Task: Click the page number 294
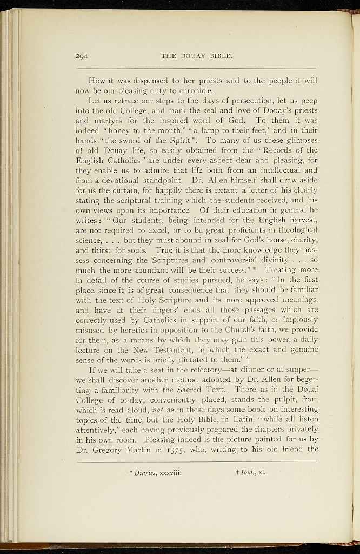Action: (82, 56)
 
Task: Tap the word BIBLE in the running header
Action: (221, 56)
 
